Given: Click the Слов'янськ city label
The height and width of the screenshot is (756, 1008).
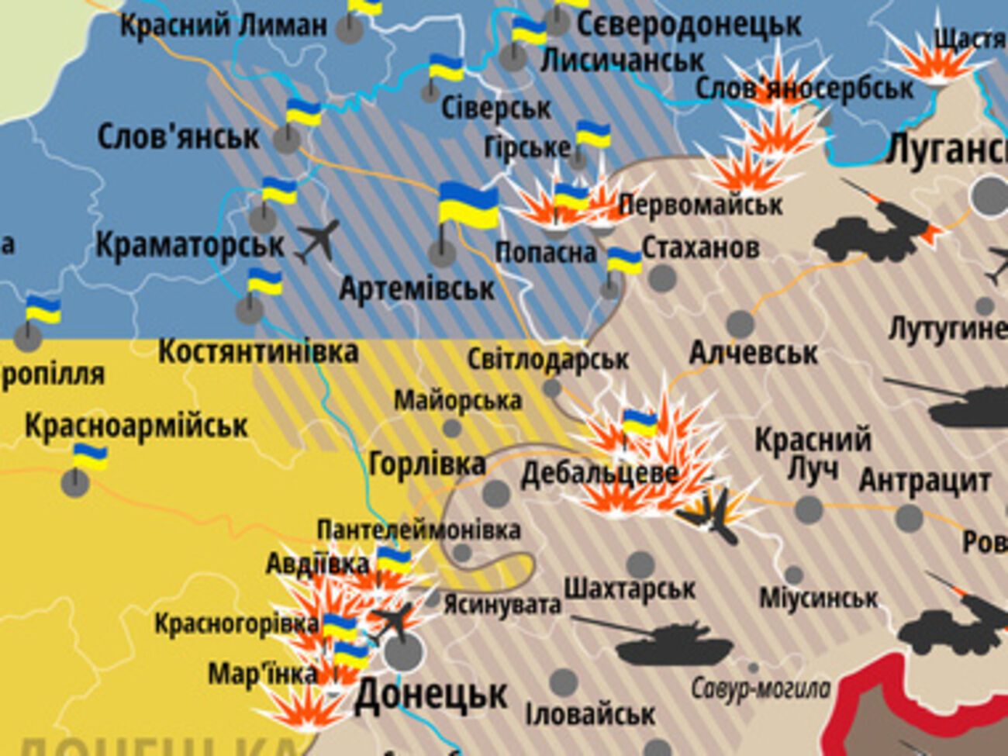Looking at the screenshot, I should (178, 137).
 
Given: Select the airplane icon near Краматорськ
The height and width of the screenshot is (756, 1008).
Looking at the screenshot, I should (318, 240).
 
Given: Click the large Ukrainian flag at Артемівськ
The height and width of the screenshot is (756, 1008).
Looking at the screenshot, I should (468, 206).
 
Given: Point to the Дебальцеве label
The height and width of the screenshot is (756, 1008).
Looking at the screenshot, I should (599, 473).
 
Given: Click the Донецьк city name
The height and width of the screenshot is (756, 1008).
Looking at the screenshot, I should (431, 696).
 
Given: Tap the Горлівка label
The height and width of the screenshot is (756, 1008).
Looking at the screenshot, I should (427, 464).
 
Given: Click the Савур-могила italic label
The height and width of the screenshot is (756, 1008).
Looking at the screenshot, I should (760, 688).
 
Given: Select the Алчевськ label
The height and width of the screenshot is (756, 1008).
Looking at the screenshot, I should (753, 354).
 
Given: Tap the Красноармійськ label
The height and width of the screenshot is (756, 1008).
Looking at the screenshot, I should (136, 426).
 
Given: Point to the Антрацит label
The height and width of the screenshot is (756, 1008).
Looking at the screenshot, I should (924, 481).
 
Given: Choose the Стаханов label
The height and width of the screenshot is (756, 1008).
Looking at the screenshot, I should (700, 248).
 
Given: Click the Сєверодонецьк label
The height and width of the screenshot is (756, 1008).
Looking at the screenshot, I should (689, 25).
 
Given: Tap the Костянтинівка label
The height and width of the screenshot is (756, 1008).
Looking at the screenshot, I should (258, 352).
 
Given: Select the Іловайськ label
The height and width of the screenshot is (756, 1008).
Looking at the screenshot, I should (590, 714).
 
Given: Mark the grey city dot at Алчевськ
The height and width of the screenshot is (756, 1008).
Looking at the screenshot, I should (740, 323).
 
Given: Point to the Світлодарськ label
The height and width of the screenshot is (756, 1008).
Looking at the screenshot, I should (547, 360).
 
